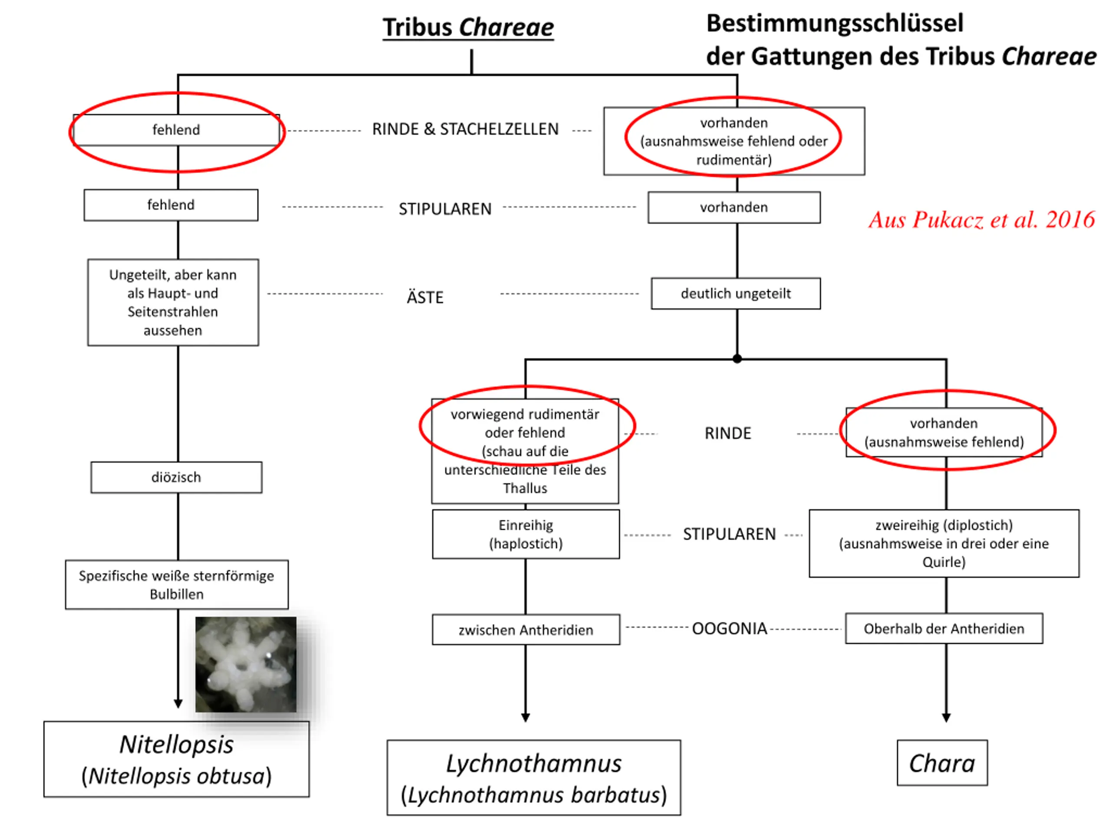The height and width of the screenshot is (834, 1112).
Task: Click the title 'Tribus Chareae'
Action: (468, 27)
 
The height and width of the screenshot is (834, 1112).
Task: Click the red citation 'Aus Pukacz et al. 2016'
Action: (981, 220)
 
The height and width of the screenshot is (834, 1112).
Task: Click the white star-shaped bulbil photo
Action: (246, 664)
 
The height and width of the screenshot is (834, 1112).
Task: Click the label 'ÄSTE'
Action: (425, 298)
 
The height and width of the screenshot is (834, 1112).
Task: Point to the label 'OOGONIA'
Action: (729, 629)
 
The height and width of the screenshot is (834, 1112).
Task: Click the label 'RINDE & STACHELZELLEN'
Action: (466, 129)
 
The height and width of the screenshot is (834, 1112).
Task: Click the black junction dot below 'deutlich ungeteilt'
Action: (737, 359)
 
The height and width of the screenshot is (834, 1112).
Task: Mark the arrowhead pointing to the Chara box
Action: (946, 718)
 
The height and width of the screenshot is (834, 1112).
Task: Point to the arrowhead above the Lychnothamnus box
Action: (526, 718)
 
